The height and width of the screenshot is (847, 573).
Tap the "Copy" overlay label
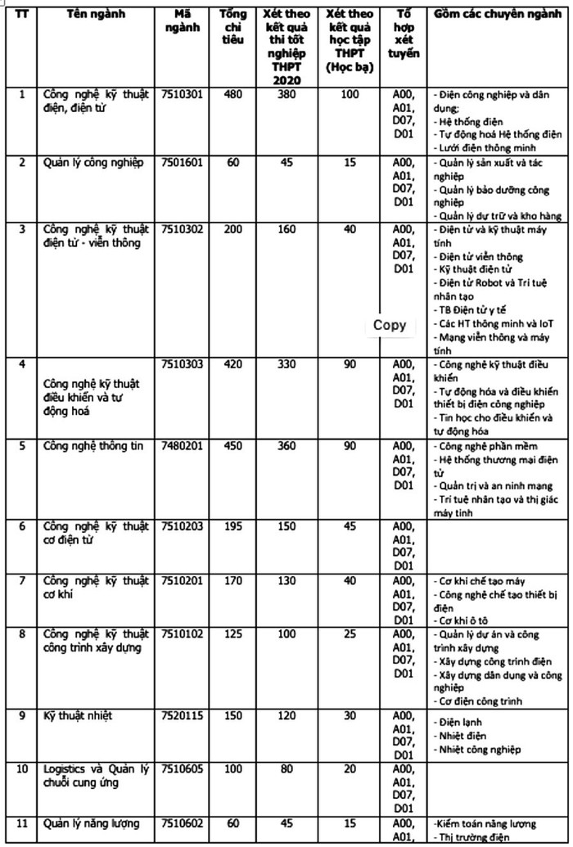pyautogui.click(x=390, y=325)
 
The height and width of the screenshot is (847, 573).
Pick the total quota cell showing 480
pyautogui.click(x=233, y=95)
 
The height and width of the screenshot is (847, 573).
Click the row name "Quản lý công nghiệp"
pyautogui.click(x=93, y=162)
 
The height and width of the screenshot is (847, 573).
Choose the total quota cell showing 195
pyautogui.click(x=233, y=525)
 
